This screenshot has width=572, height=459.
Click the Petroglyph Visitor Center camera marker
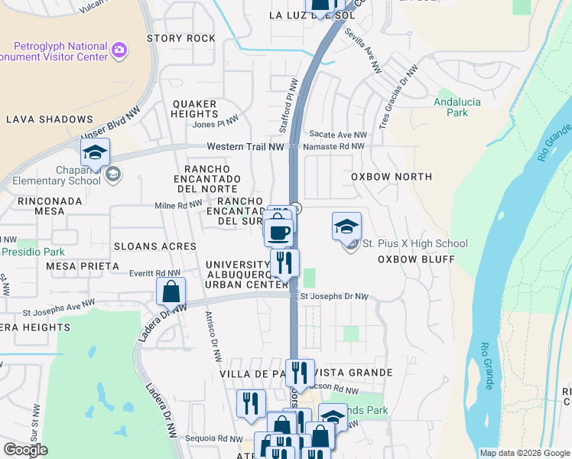(x=119, y=50)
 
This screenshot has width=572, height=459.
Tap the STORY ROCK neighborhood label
(x=181, y=38)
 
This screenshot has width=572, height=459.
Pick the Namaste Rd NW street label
(x=333, y=146)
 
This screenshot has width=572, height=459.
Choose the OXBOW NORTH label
(x=392, y=177)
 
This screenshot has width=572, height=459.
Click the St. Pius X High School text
(x=414, y=244)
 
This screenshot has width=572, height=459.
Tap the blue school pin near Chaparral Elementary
(x=95, y=153)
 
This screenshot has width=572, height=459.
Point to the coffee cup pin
(x=278, y=231)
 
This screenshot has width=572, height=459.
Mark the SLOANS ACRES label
(x=155, y=246)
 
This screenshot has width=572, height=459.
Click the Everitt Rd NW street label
(x=155, y=272)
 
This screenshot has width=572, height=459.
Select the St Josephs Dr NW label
(x=333, y=296)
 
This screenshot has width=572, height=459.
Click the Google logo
(x=26, y=450)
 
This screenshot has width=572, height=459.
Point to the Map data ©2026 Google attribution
(x=524, y=453)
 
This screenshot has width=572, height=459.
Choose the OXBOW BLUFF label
(x=416, y=259)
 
